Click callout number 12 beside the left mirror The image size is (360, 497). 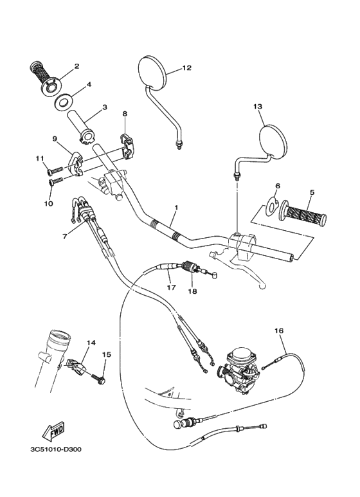[187, 68]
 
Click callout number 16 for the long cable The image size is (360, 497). [278, 330]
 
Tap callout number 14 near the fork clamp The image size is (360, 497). [91, 343]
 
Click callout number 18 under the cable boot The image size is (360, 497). [192, 291]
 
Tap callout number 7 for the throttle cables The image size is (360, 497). [64, 236]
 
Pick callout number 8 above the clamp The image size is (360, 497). [125, 114]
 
